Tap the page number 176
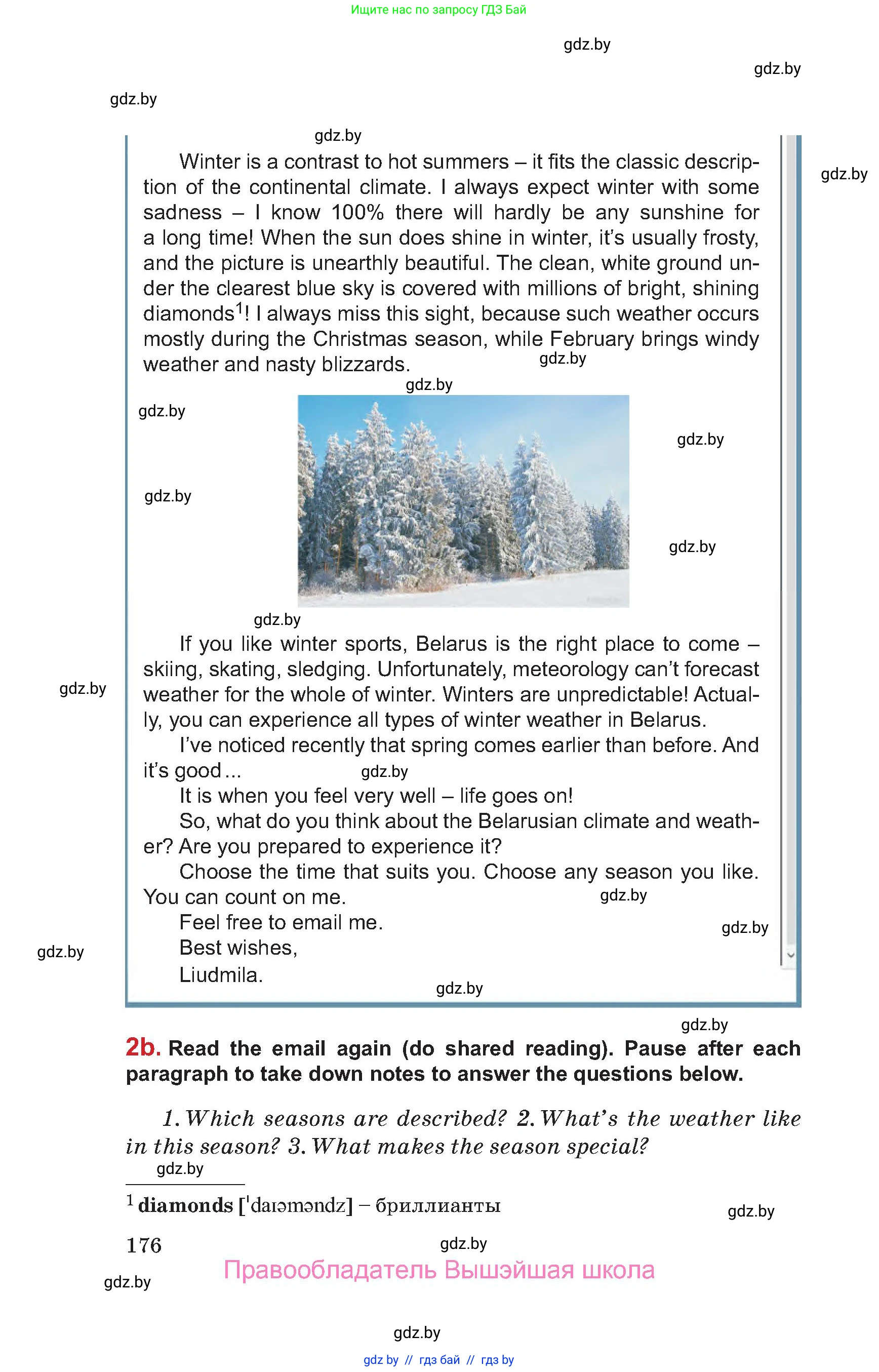click(144, 1245)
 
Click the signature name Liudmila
click(220, 974)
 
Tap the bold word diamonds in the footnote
click(185, 1205)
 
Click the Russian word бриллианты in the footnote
click(438, 1205)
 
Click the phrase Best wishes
click(238, 948)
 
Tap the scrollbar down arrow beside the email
click(790, 955)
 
